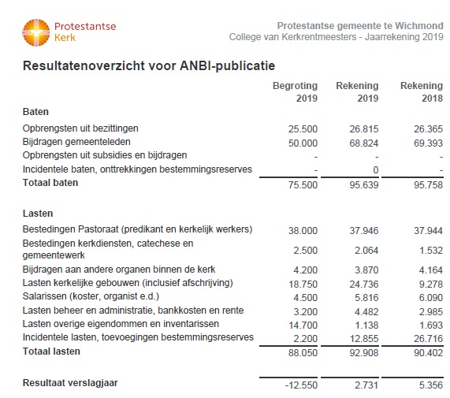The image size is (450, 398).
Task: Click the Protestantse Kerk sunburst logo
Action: point(36,32)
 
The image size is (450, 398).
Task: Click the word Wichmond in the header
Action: point(419,26)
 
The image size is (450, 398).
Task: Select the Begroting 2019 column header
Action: point(295,92)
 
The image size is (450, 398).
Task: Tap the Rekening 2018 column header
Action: point(422,92)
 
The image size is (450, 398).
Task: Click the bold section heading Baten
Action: point(35,111)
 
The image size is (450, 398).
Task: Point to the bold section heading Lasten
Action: point(38,214)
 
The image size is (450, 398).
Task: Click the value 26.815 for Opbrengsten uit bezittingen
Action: point(364,128)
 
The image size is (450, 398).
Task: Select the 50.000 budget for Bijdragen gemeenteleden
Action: point(303,143)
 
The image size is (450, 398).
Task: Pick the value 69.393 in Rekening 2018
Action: point(428,143)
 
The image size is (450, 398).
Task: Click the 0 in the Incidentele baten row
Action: point(376,170)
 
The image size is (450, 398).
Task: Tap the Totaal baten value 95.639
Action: point(364,184)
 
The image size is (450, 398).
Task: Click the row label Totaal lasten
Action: point(51,352)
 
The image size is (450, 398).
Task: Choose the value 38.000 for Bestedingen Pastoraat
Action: point(303,230)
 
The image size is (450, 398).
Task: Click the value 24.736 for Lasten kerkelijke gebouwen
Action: point(364,284)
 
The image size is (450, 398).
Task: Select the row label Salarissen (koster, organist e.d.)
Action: point(91,296)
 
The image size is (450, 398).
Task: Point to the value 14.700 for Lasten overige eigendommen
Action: point(303,325)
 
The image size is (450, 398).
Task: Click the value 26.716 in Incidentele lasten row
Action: point(428,339)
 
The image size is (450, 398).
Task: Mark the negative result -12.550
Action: point(301,385)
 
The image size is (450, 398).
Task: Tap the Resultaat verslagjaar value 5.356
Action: point(431,385)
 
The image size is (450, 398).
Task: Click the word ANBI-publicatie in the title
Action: point(227,65)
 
